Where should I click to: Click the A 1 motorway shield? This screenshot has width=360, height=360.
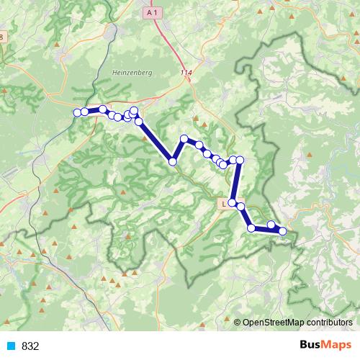click(x=150, y=13)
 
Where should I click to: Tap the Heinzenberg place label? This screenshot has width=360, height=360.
click(x=130, y=72)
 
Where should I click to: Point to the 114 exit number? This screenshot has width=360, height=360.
click(x=187, y=73)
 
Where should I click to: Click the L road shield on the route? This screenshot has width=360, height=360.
click(x=224, y=204)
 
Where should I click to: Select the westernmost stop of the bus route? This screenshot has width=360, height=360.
click(x=77, y=112)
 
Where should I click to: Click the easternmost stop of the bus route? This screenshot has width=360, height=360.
click(x=283, y=231)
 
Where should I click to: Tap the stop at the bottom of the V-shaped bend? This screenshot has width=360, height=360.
click(x=173, y=161)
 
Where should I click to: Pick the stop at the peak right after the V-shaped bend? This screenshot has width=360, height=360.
click(x=184, y=138)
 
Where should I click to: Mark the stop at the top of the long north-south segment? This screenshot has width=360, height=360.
click(x=240, y=159)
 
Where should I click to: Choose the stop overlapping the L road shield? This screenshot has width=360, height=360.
click(x=233, y=202)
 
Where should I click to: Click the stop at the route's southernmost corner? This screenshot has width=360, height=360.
click(x=251, y=228)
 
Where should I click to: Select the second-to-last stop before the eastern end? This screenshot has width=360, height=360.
click(x=271, y=225)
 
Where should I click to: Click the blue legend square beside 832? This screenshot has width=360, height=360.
click(x=11, y=346)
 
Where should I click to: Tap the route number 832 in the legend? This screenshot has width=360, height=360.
click(x=30, y=346)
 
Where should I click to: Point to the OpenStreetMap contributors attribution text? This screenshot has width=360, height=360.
click(x=297, y=322)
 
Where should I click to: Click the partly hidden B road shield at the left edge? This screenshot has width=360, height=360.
click(x=2, y=37)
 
